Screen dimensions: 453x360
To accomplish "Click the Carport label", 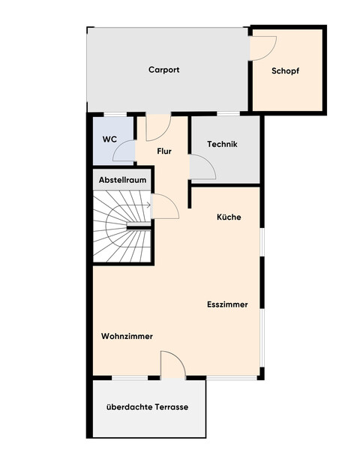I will click(x=163, y=70).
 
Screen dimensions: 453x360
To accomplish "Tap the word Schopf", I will click(x=286, y=71).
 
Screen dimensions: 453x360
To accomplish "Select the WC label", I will click(x=109, y=139).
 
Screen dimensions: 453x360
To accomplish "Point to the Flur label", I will click(x=164, y=151).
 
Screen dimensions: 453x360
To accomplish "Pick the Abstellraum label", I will click(x=122, y=181).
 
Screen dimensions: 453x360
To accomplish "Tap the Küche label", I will click(x=229, y=217).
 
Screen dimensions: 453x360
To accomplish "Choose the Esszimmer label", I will click(x=228, y=304).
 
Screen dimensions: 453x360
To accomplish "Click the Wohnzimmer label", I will click(x=127, y=337).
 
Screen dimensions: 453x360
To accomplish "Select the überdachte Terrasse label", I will click(x=147, y=407).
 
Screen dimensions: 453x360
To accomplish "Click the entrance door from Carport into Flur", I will click(x=159, y=128).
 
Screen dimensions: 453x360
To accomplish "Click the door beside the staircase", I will click(x=165, y=205).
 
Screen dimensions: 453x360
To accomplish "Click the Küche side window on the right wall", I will click(x=262, y=251).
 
